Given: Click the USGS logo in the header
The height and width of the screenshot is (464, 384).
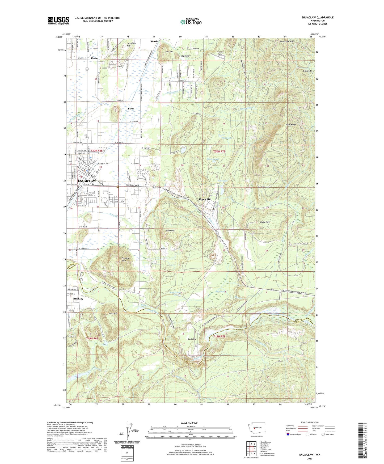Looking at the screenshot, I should [x=58, y=20].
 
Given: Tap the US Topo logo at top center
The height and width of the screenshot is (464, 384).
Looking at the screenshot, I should [x=191, y=22].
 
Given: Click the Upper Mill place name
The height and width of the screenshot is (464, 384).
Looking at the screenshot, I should [x=205, y=199].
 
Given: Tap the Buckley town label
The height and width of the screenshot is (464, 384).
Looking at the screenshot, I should [x=78, y=298].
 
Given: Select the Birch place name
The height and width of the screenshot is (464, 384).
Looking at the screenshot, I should [x=131, y=108].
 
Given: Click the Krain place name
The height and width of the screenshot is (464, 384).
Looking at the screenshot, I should [x=94, y=58].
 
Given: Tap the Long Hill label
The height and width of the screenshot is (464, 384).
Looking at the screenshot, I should [x=113, y=313].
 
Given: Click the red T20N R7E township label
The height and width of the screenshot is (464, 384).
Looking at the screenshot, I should [x=219, y=151].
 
